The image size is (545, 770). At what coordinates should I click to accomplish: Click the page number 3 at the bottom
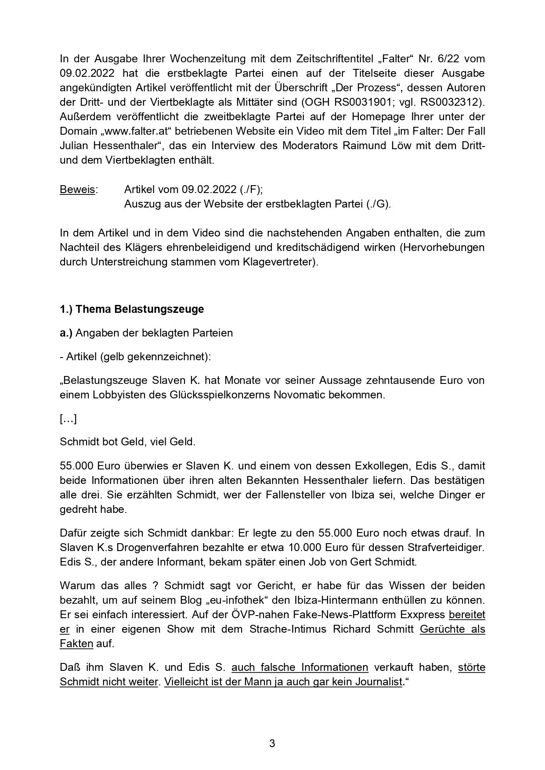click(272, 743)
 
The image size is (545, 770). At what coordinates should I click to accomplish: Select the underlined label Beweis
click(77, 190)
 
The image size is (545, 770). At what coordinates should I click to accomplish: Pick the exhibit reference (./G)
click(378, 204)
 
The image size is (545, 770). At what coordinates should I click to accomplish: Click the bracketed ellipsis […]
click(68, 419)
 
